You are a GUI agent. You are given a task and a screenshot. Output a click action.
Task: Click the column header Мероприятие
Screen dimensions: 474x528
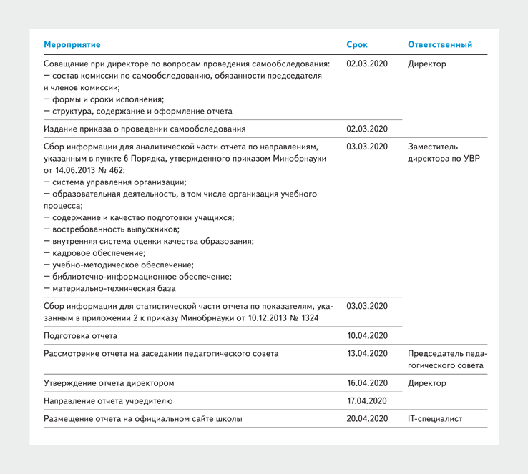click(72, 44)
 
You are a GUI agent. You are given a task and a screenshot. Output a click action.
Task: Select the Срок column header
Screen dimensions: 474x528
click(357, 44)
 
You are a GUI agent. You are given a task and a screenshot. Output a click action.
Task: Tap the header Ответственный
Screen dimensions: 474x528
click(439, 44)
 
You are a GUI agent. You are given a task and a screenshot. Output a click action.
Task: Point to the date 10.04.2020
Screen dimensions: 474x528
click(367, 335)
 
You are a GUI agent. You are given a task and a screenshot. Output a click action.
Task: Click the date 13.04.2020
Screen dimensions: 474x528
click(367, 353)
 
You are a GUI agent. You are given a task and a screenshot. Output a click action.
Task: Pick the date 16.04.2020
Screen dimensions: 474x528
click(367, 383)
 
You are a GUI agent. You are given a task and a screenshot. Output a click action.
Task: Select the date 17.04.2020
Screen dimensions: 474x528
click(367, 401)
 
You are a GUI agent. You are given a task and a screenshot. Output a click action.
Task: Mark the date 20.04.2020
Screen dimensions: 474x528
click(367, 419)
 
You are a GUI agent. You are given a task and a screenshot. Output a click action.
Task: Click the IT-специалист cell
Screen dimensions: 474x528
click(435, 419)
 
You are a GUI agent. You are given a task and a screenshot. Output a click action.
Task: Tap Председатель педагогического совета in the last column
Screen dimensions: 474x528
click(447, 360)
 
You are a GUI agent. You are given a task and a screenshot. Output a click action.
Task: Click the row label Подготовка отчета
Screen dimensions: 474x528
click(80, 335)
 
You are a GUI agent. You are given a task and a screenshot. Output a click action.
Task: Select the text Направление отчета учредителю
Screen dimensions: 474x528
click(108, 401)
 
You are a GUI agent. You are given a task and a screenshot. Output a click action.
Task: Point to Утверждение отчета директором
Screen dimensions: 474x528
click(109, 383)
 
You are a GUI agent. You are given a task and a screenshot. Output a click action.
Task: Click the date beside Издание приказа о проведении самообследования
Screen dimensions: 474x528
click(367, 129)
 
